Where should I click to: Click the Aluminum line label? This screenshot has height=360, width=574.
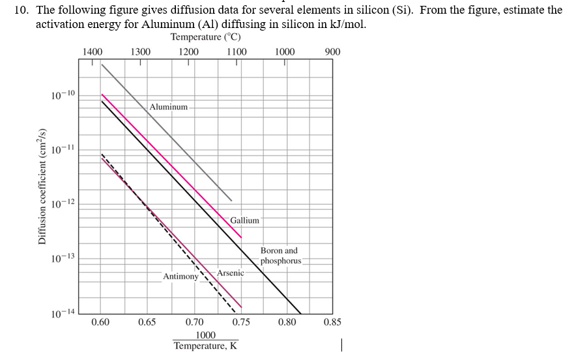pos(168,106)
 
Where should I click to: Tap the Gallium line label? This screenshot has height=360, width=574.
pos(244,221)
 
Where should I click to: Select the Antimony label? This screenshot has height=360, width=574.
pos(180,277)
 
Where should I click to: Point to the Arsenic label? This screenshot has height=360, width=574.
pos(230,273)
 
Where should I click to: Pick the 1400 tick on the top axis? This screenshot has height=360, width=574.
pos(93,52)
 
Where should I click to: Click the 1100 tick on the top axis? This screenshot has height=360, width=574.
pos(237,52)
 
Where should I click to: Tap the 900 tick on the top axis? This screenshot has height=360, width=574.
pos(332,52)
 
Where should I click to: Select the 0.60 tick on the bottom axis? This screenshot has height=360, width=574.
pos(100,322)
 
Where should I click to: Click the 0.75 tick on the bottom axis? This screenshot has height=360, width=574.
pos(241,322)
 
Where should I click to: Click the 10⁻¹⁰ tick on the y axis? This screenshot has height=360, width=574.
pos(63,96)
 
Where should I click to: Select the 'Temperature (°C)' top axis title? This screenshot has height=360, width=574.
pos(206,37)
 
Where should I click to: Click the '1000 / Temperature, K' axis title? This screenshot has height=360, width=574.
pos(205,340)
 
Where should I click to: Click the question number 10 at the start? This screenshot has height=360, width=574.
pos(22,10)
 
